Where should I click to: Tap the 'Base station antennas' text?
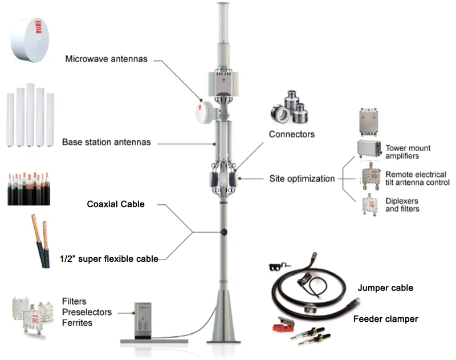coord(106,142)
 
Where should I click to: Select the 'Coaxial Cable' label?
coord(116,204)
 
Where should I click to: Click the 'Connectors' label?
coord(291,135)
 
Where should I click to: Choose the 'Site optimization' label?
coord(302,179)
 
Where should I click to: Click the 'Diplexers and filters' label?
coord(402,205)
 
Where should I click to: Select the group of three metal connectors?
coord(290,108)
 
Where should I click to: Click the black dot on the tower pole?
coord(223,232)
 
